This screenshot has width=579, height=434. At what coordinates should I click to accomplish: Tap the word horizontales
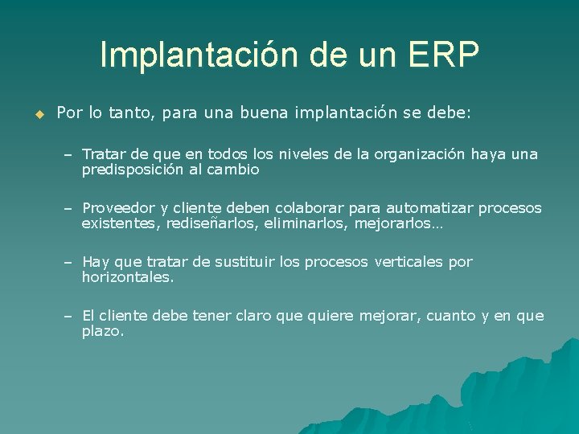click(x=127, y=277)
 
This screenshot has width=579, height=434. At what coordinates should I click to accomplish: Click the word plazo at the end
click(x=102, y=331)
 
